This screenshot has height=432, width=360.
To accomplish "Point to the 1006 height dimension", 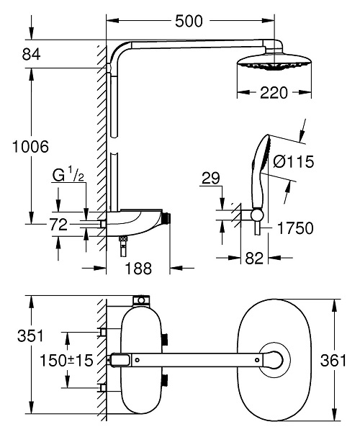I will pyautogui.click(x=30, y=147).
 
